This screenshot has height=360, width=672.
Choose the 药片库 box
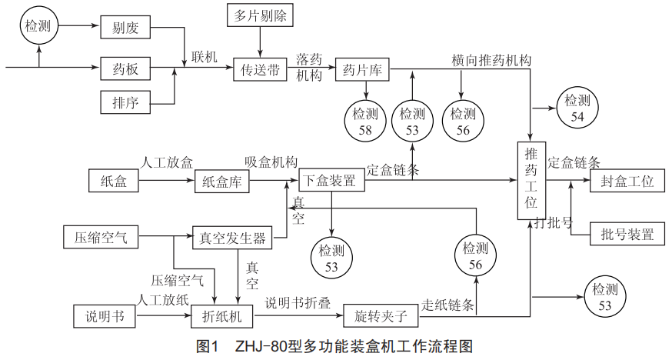(363, 70)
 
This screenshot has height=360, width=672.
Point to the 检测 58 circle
(364, 121)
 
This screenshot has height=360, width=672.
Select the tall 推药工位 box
(531, 182)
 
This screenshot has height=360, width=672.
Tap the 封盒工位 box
(627, 182)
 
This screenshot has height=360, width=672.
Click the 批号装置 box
(627, 234)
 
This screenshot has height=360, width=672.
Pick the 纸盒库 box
(224, 182)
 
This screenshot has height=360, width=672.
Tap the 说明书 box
(102, 315)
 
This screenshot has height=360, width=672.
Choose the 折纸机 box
(222, 315)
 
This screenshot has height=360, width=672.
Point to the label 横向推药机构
(491, 60)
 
